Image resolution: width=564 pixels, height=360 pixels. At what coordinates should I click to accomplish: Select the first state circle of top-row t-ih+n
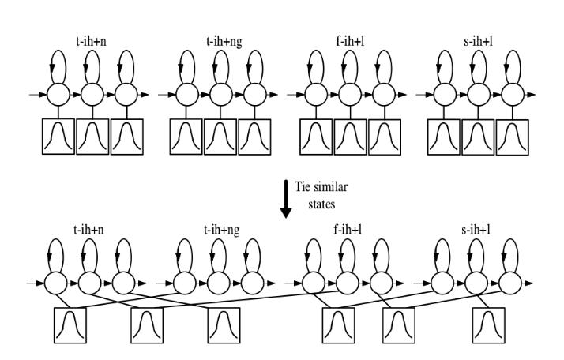(x=58, y=95)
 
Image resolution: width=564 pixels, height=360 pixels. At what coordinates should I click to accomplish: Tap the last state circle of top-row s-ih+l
(x=513, y=95)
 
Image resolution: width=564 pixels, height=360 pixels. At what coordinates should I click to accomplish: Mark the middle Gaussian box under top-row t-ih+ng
(x=220, y=136)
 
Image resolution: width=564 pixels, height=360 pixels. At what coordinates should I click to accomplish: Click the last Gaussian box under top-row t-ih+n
(x=126, y=136)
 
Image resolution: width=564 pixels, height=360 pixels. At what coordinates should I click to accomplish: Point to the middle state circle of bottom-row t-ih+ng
(x=219, y=283)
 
